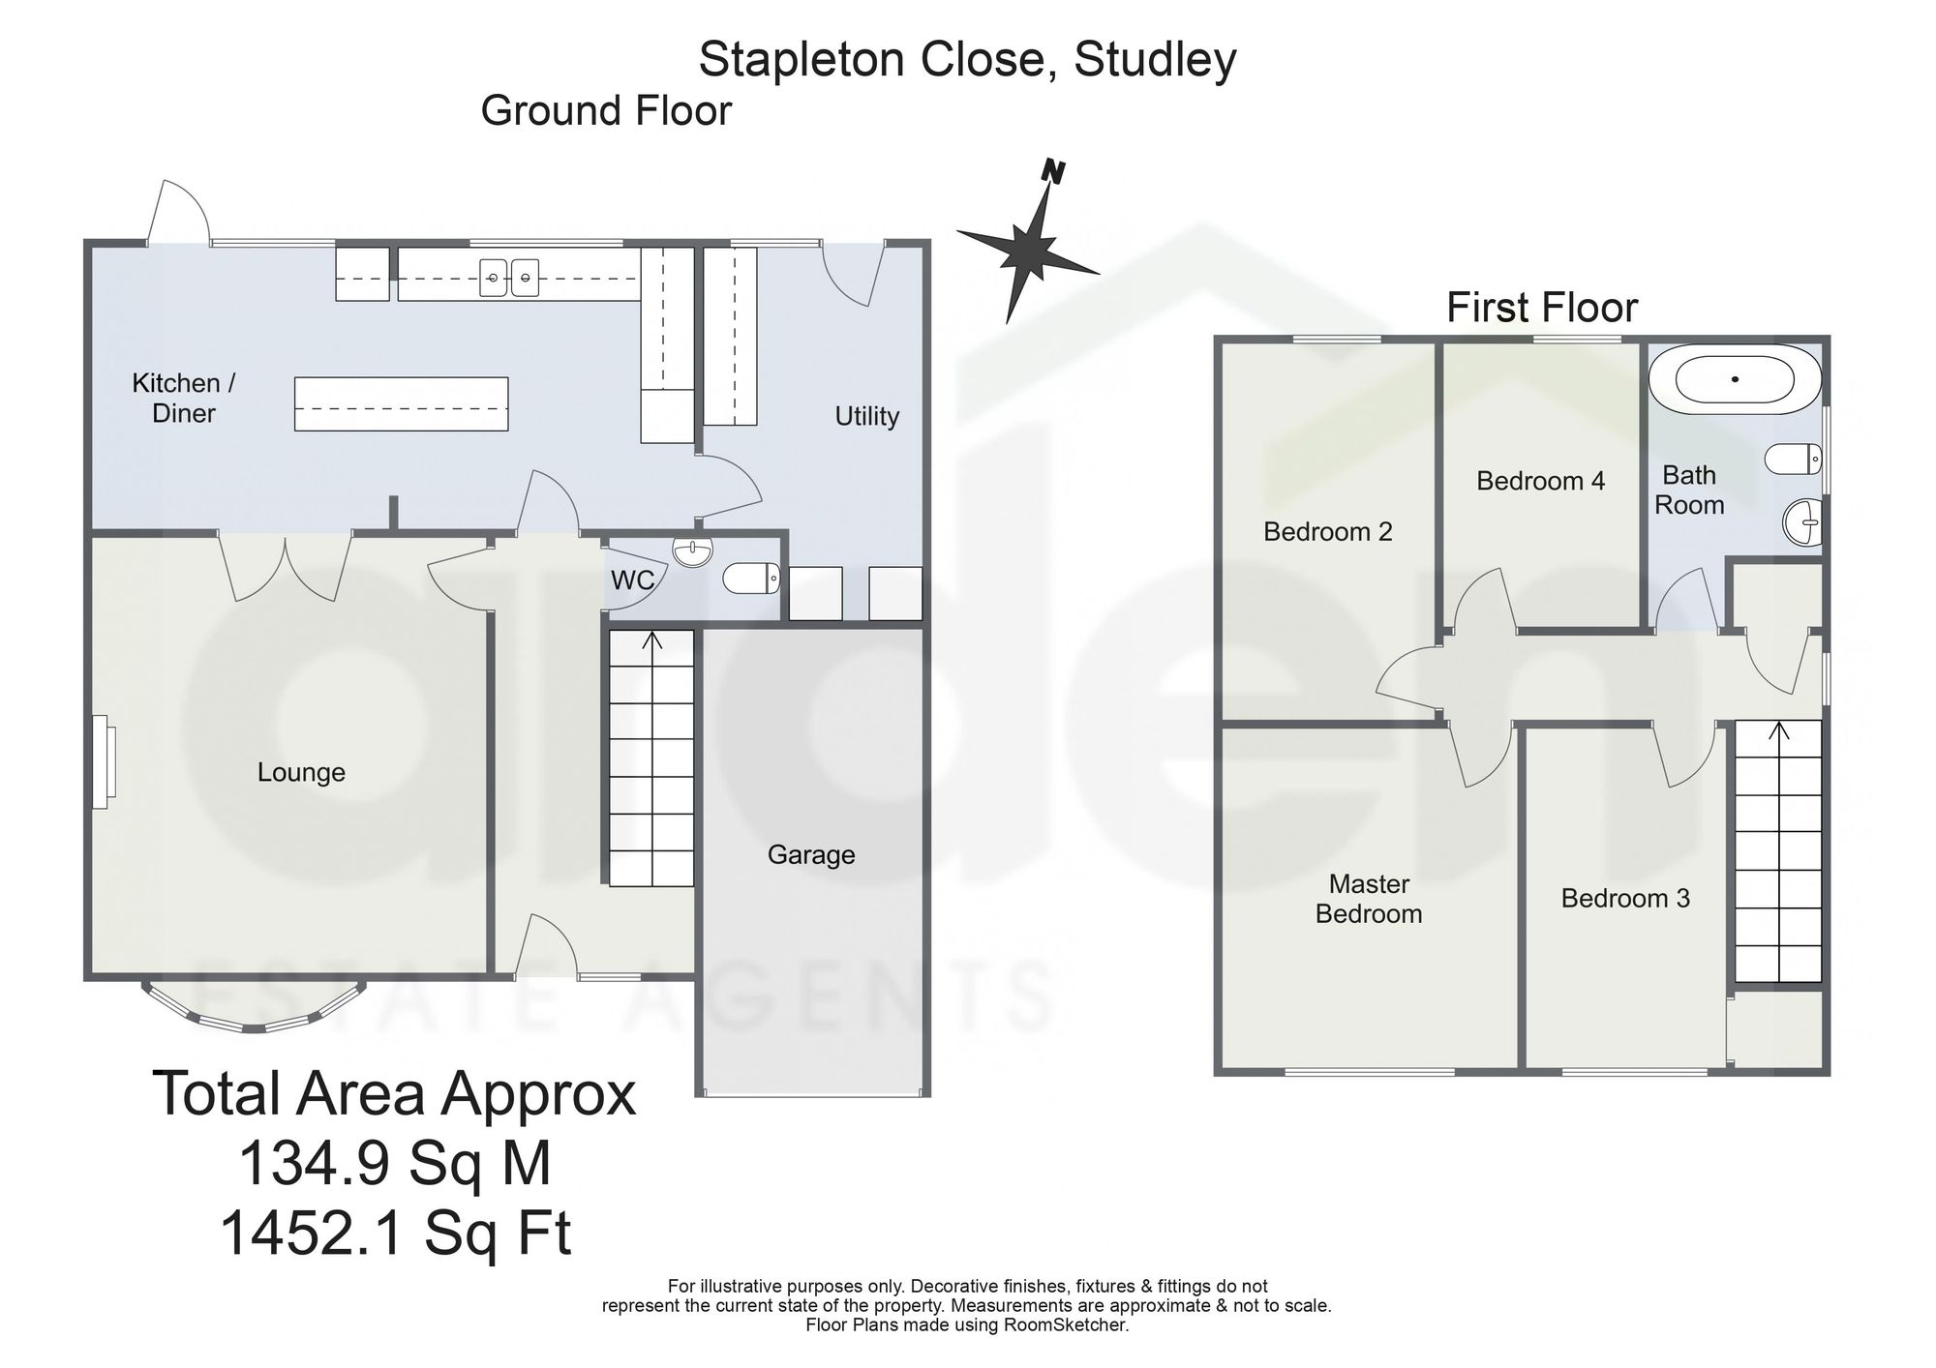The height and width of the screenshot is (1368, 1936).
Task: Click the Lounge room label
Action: point(301,772)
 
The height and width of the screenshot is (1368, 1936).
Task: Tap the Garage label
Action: point(811,855)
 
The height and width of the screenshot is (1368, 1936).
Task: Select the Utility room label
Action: point(867,416)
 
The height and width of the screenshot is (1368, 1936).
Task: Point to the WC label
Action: point(633,580)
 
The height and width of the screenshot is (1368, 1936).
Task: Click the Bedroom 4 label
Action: point(1540,481)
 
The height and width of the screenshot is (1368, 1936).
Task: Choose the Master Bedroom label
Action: point(1369,899)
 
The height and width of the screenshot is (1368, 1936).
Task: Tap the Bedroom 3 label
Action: point(1625,898)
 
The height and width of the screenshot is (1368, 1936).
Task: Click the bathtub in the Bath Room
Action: point(1735,379)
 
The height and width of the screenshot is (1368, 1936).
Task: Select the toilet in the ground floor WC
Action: point(751,579)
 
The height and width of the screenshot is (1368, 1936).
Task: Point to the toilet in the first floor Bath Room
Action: point(1794,459)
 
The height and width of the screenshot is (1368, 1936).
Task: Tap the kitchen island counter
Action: point(401,403)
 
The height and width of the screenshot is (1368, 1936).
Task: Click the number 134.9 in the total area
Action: point(312,1163)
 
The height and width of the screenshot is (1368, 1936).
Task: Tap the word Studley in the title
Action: point(1155,60)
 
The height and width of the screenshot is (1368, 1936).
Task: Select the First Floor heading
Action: point(1541,309)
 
